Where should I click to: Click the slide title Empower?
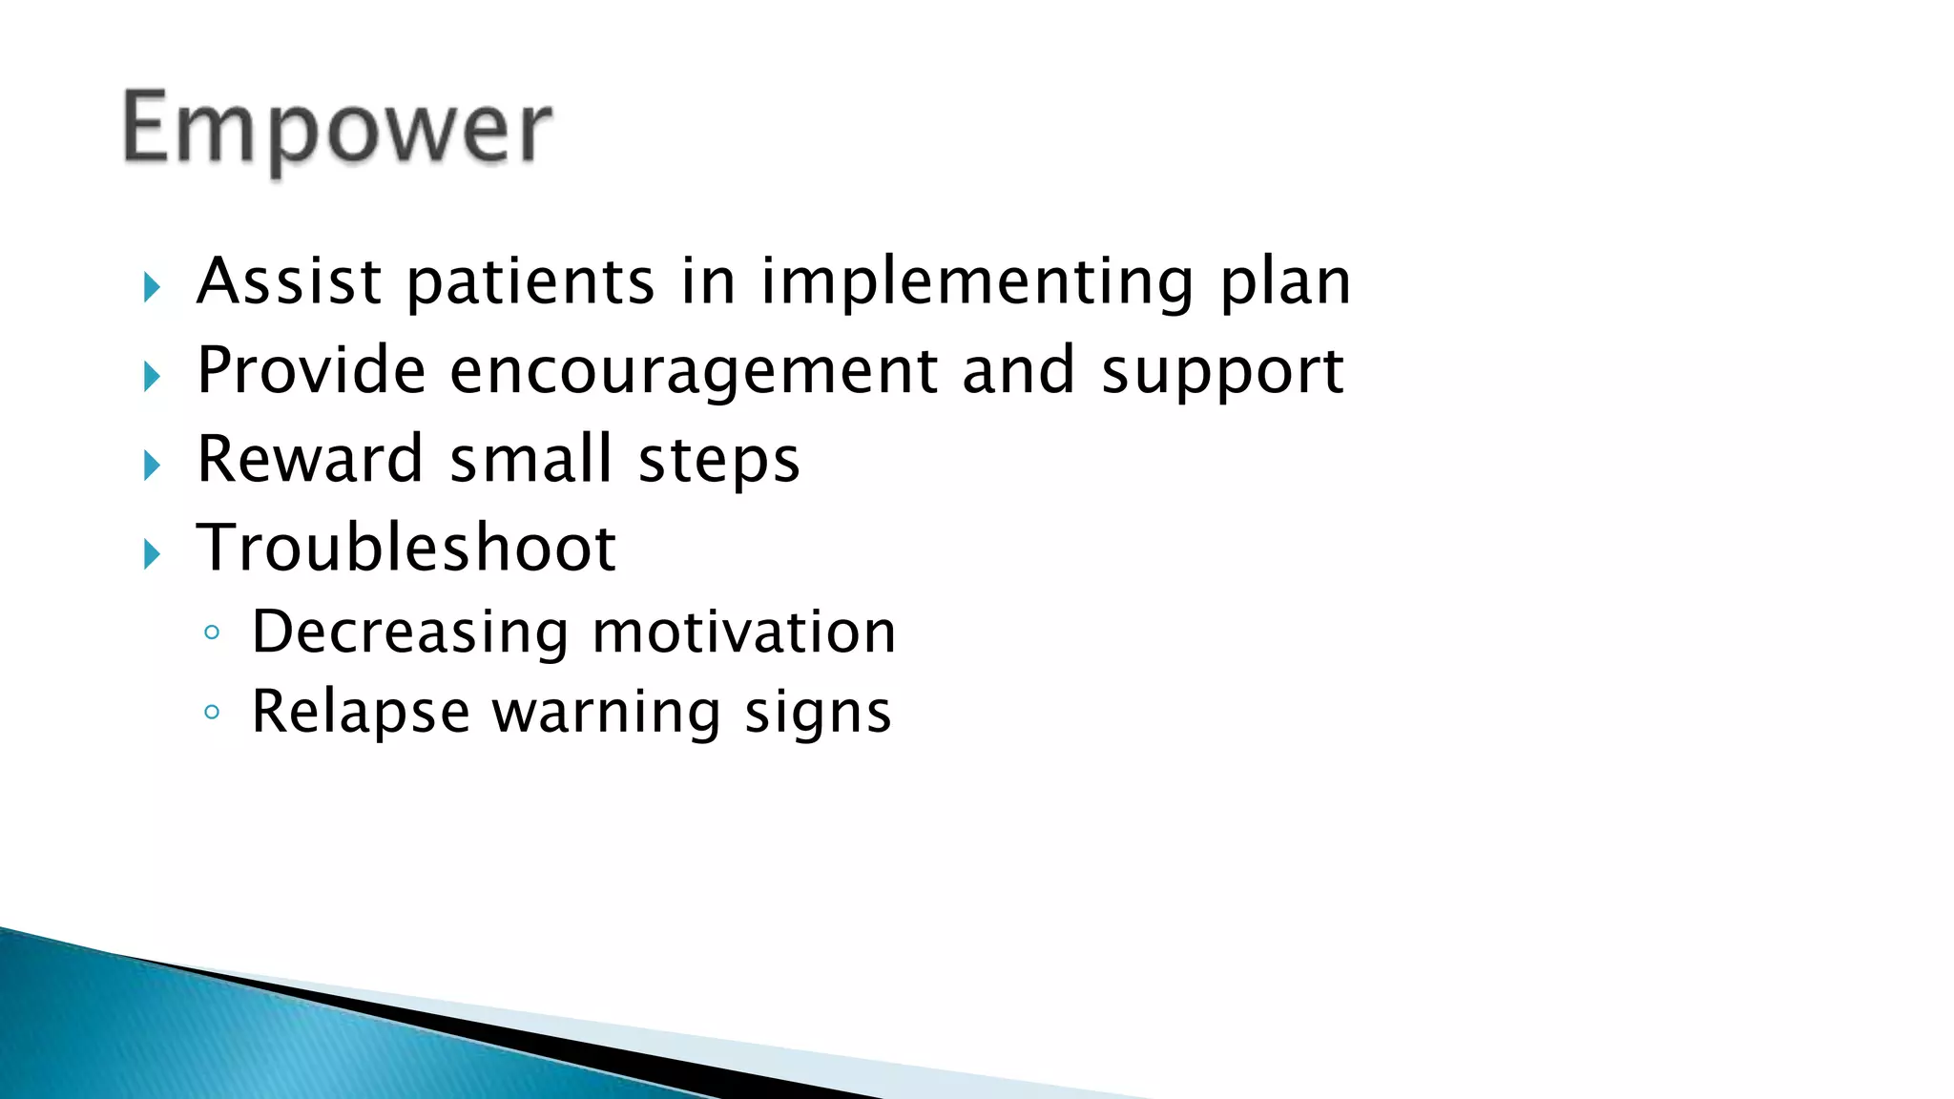tap(337, 129)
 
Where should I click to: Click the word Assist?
tap(289, 281)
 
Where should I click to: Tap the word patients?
tap(530, 283)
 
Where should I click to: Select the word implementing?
tap(977, 283)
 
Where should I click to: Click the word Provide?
tap(311, 370)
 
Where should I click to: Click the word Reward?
tap(310, 459)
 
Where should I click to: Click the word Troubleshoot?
tap(406, 549)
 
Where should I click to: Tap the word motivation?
tap(744, 632)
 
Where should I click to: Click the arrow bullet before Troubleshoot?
tap(152, 554)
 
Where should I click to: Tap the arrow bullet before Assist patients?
tap(152, 287)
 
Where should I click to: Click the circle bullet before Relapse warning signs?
tap(212, 712)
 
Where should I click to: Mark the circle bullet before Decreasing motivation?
tap(212, 632)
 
